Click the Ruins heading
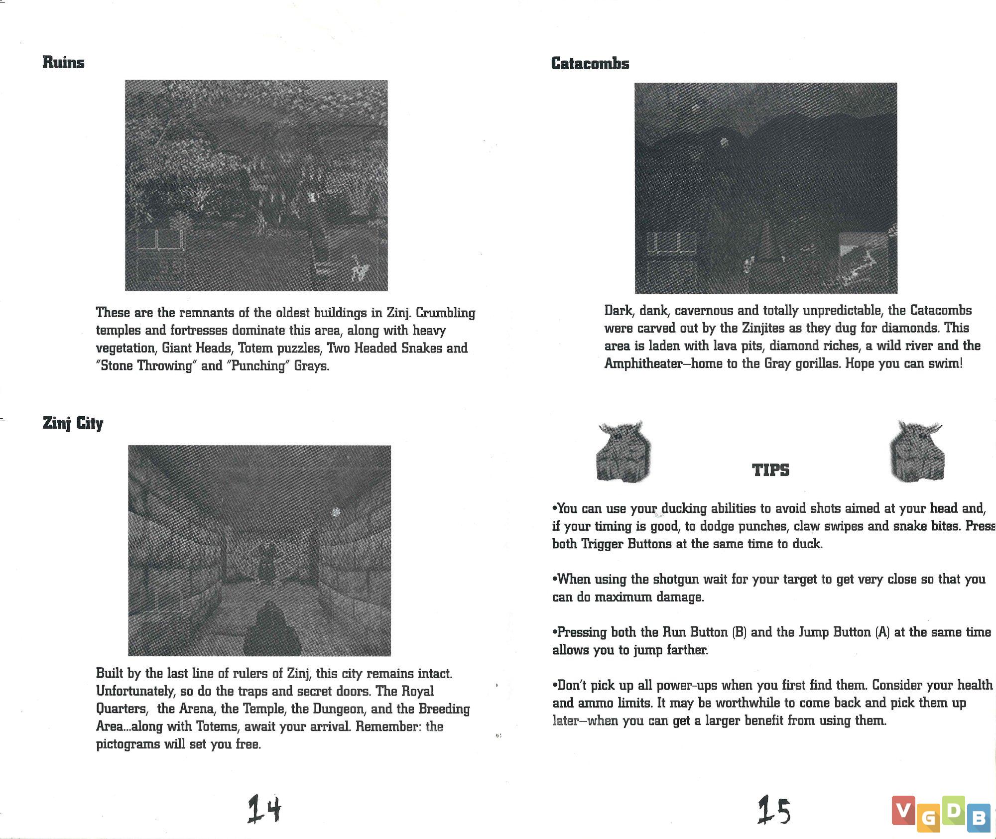[x=63, y=62]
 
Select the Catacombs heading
[x=590, y=63]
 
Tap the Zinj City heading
[x=73, y=423]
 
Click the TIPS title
[x=770, y=470]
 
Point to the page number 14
[x=264, y=809]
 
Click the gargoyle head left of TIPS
[x=623, y=452]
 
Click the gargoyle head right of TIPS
[x=916, y=452]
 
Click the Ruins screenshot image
[x=256, y=185]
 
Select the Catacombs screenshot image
[x=765, y=188]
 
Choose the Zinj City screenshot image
[x=259, y=550]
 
